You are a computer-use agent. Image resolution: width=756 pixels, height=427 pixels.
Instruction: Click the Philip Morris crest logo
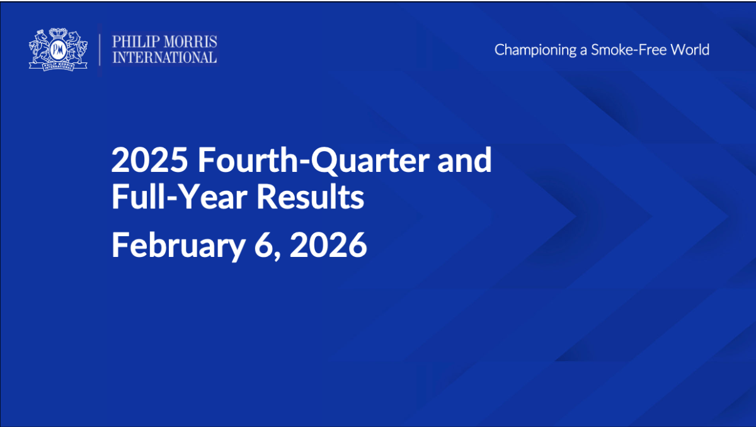(58, 49)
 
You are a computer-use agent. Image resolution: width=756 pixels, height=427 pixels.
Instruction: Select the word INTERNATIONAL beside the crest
(164, 57)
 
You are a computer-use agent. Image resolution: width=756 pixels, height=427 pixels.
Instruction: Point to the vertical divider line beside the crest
(100, 49)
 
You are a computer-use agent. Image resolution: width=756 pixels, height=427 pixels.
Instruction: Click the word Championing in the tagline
(535, 50)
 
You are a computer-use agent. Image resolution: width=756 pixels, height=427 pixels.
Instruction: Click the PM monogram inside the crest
(58, 48)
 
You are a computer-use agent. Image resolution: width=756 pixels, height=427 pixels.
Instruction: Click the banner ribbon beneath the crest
(58, 65)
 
